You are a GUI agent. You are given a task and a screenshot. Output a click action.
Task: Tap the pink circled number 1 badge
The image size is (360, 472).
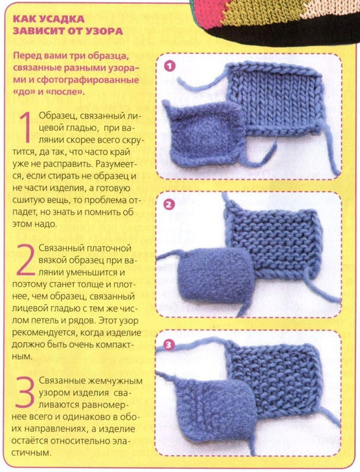(169, 66)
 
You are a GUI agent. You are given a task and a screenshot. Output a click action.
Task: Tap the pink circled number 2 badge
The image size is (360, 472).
(169, 205)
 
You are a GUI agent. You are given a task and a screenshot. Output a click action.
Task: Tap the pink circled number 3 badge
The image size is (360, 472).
(169, 345)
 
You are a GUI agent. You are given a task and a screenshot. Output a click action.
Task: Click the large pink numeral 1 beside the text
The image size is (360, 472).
(27, 127)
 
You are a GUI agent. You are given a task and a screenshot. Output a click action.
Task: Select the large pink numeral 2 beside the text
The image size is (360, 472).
(26, 260)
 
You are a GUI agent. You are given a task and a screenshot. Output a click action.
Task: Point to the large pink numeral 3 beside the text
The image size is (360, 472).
(25, 392)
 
